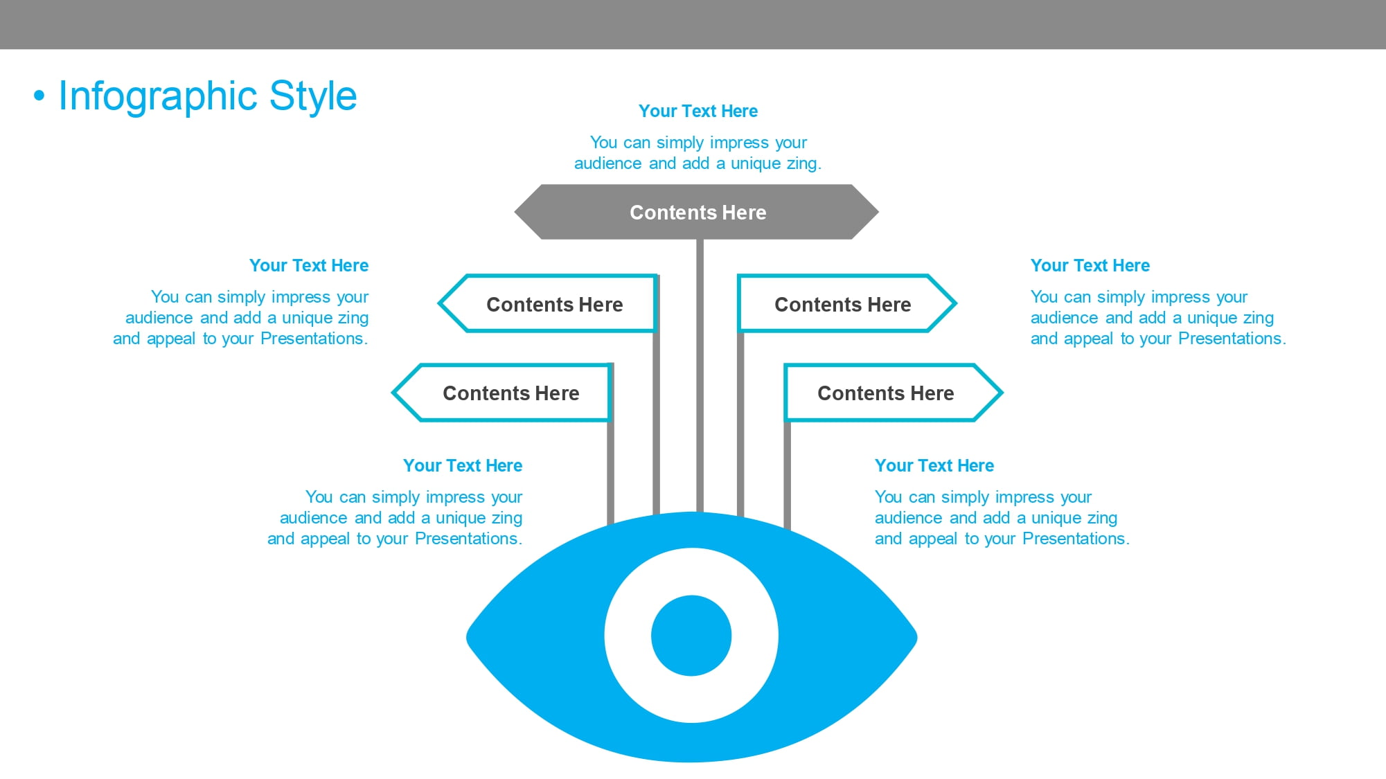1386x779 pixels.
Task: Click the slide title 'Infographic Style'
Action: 208,96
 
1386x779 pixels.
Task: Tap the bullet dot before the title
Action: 39,96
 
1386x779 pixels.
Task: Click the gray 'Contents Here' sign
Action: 697,212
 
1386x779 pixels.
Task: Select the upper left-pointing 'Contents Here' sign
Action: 548,303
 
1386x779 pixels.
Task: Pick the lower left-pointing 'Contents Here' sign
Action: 502,393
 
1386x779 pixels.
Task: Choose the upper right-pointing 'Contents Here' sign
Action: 847,303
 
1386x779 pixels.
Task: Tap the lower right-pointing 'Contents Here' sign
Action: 894,393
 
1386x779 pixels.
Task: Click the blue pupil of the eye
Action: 691,636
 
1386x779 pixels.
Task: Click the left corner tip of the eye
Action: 468,637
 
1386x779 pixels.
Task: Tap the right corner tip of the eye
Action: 916,637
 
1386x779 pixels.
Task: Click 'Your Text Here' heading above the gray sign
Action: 698,111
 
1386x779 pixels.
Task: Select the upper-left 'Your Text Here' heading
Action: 309,265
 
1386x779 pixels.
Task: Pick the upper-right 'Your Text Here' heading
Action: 1090,265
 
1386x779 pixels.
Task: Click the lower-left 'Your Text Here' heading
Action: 463,465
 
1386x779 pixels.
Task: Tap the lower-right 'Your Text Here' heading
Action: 934,465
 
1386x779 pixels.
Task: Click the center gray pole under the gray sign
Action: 700,376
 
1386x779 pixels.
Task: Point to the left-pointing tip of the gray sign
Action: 515,212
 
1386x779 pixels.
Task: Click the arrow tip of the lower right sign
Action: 1002,393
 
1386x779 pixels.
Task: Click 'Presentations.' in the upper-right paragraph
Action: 1232,339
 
